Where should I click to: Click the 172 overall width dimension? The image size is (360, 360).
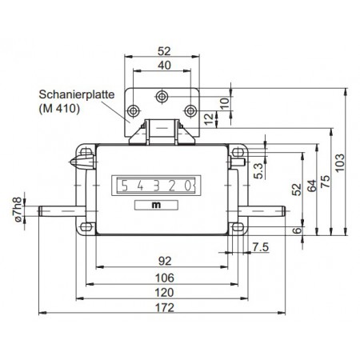pos(164,307)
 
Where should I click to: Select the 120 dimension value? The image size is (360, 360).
pos(164,293)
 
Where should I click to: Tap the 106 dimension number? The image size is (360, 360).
pos(164,278)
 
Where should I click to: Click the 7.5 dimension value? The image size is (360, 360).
pos(259,246)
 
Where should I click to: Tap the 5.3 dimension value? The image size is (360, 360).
pos(255,170)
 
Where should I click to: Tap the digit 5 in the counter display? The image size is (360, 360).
pos(123,186)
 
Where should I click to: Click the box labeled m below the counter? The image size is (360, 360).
pos(155,204)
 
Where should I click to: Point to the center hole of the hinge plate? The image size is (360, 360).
pos(162,96)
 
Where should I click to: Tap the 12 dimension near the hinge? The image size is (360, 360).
pos(210,119)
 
